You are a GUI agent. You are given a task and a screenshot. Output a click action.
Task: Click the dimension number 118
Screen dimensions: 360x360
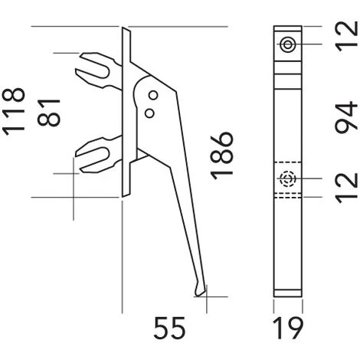(x=14, y=112)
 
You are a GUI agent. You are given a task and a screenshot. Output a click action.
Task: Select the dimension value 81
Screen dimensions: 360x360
(x=49, y=113)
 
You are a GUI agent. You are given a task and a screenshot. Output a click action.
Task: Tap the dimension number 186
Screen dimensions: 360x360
(x=221, y=155)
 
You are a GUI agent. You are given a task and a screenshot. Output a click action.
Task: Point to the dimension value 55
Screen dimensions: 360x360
(x=169, y=328)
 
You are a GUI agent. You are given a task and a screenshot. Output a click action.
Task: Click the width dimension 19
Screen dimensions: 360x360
(x=288, y=328)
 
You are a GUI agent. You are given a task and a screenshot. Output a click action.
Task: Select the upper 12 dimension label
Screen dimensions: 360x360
(x=346, y=37)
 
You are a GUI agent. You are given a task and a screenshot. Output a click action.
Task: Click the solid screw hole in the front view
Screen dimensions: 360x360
(x=288, y=44)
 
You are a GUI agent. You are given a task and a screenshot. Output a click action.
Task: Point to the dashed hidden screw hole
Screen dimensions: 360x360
(x=288, y=178)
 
